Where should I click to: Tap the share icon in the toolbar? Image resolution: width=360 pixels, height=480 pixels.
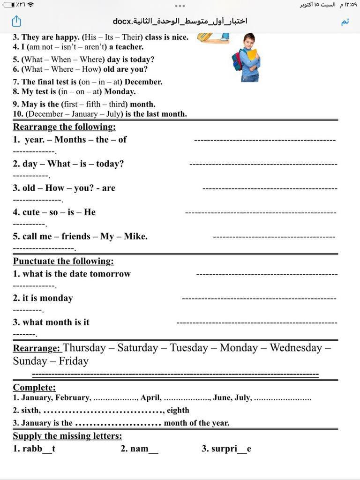16,21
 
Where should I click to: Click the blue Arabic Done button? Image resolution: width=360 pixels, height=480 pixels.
345,22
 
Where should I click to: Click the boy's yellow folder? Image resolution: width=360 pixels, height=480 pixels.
252,55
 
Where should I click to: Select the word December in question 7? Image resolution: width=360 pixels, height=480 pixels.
143,82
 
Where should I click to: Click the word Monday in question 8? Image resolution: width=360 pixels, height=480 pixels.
120,91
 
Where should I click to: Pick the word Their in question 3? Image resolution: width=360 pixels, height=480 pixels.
133,37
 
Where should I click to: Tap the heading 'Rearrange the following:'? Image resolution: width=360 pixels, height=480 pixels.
64,127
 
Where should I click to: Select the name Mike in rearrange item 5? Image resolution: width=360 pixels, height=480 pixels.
135,237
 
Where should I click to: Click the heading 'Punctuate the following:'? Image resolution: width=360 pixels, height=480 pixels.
63,261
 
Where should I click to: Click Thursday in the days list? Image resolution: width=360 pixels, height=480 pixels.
84,348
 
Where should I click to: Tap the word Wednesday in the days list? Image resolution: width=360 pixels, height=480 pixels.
296,348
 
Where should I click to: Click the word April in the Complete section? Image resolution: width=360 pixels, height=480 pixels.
150,398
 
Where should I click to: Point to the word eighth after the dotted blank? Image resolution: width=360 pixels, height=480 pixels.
178,411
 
